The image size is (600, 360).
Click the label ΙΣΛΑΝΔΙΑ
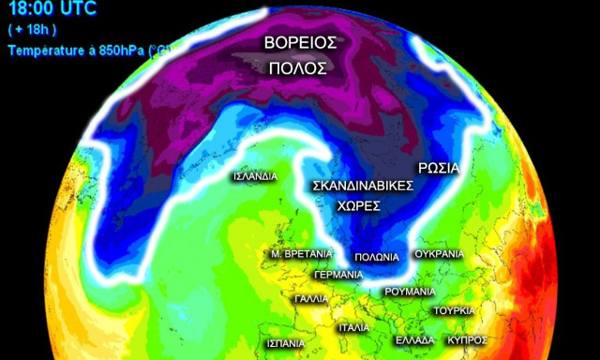point(255,175)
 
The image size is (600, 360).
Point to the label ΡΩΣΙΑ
point(438,169)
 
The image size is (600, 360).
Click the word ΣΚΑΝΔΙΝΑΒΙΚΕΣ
point(362,186)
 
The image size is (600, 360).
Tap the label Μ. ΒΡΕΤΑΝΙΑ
point(301,254)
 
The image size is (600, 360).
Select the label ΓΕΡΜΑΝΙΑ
point(338,275)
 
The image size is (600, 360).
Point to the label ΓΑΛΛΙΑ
point(311,299)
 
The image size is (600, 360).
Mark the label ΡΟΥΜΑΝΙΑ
point(410,292)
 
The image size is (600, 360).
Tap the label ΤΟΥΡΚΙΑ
point(454,310)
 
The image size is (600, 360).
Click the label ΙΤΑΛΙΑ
point(353,328)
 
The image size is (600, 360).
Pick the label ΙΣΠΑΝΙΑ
point(285,343)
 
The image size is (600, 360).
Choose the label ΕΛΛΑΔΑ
point(414,339)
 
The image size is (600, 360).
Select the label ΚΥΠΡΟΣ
point(466,339)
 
